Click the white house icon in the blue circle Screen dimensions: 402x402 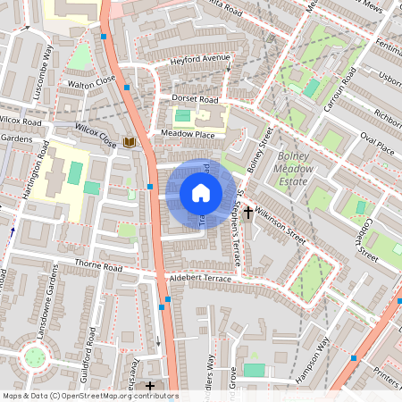201,193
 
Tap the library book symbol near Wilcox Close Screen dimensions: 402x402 130,142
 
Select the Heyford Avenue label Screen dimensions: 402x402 200,63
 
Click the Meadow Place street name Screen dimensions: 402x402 188,133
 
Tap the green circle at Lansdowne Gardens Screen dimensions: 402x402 35,357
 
